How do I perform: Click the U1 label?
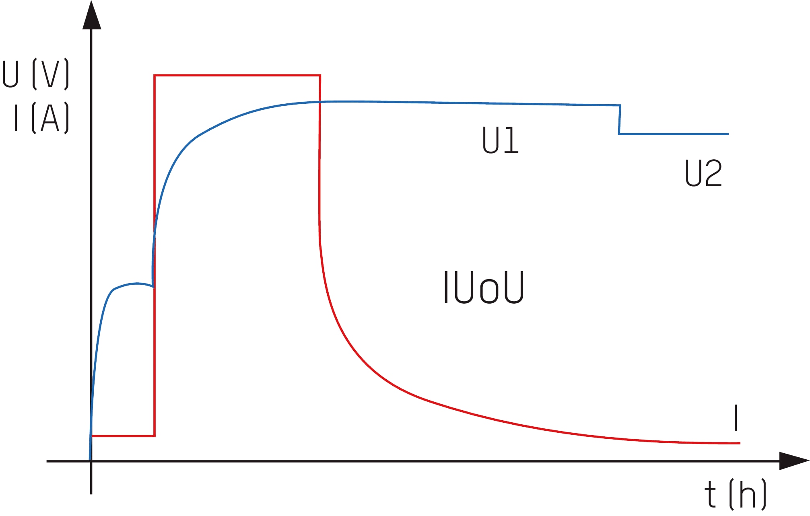pyautogui.click(x=500, y=140)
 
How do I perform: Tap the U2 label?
pyautogui.click(x=703, y=173)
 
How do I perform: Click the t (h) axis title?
pyautogui.click(x=735, y=494)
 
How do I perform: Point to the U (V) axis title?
pyautogui.click(x=35, y=74)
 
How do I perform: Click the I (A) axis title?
pyautogui.click(x=41, y=118)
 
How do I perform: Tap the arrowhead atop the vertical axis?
pyautogui.click(x=92, y=16)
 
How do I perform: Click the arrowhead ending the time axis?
pyautogui.click(x=793, y=461)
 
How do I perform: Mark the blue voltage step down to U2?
pyautogui.click(x=620, y=120)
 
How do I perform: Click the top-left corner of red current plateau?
pyautogui.click(x=155, y=75)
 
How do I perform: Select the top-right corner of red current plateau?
pyautogui.click(x=320, y=75)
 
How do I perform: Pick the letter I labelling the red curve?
pyautogui.click(x=736, y=418)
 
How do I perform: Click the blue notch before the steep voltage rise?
pyautogui.click(x=153, y=287)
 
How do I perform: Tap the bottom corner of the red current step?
pyautogui.click(x=155, y=436)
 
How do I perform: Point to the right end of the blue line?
pyautogui.click(x=728, y=134)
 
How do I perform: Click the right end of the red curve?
pyautogui.click(x=739, y=443)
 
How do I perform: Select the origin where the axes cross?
pyautogui.click(x=91, y=461)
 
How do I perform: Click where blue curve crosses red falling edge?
pyautogui.click(x=320, y=102)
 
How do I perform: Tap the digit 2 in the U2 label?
pyautogui.click(x=713, y=173)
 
